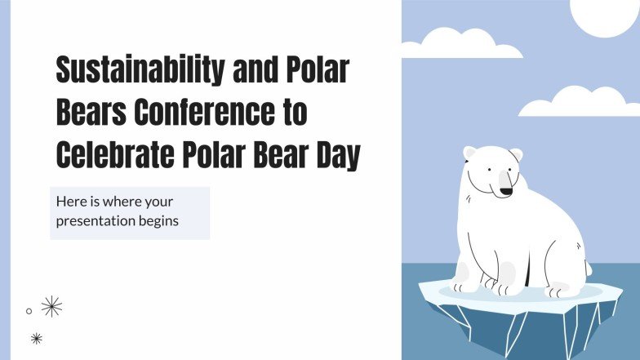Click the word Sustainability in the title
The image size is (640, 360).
coord(140,70)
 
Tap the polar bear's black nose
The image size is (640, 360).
coord(506,191)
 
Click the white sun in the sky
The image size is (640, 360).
coord(604,15)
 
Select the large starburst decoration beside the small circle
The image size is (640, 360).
coord(52,307)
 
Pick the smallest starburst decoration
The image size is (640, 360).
coord(36,338)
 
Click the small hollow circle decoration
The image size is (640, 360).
coord(29,311)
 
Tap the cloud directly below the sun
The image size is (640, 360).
coord(579,103)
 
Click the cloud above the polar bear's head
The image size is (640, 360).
coord(461,44)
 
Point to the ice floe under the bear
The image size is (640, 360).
coord(521,310)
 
